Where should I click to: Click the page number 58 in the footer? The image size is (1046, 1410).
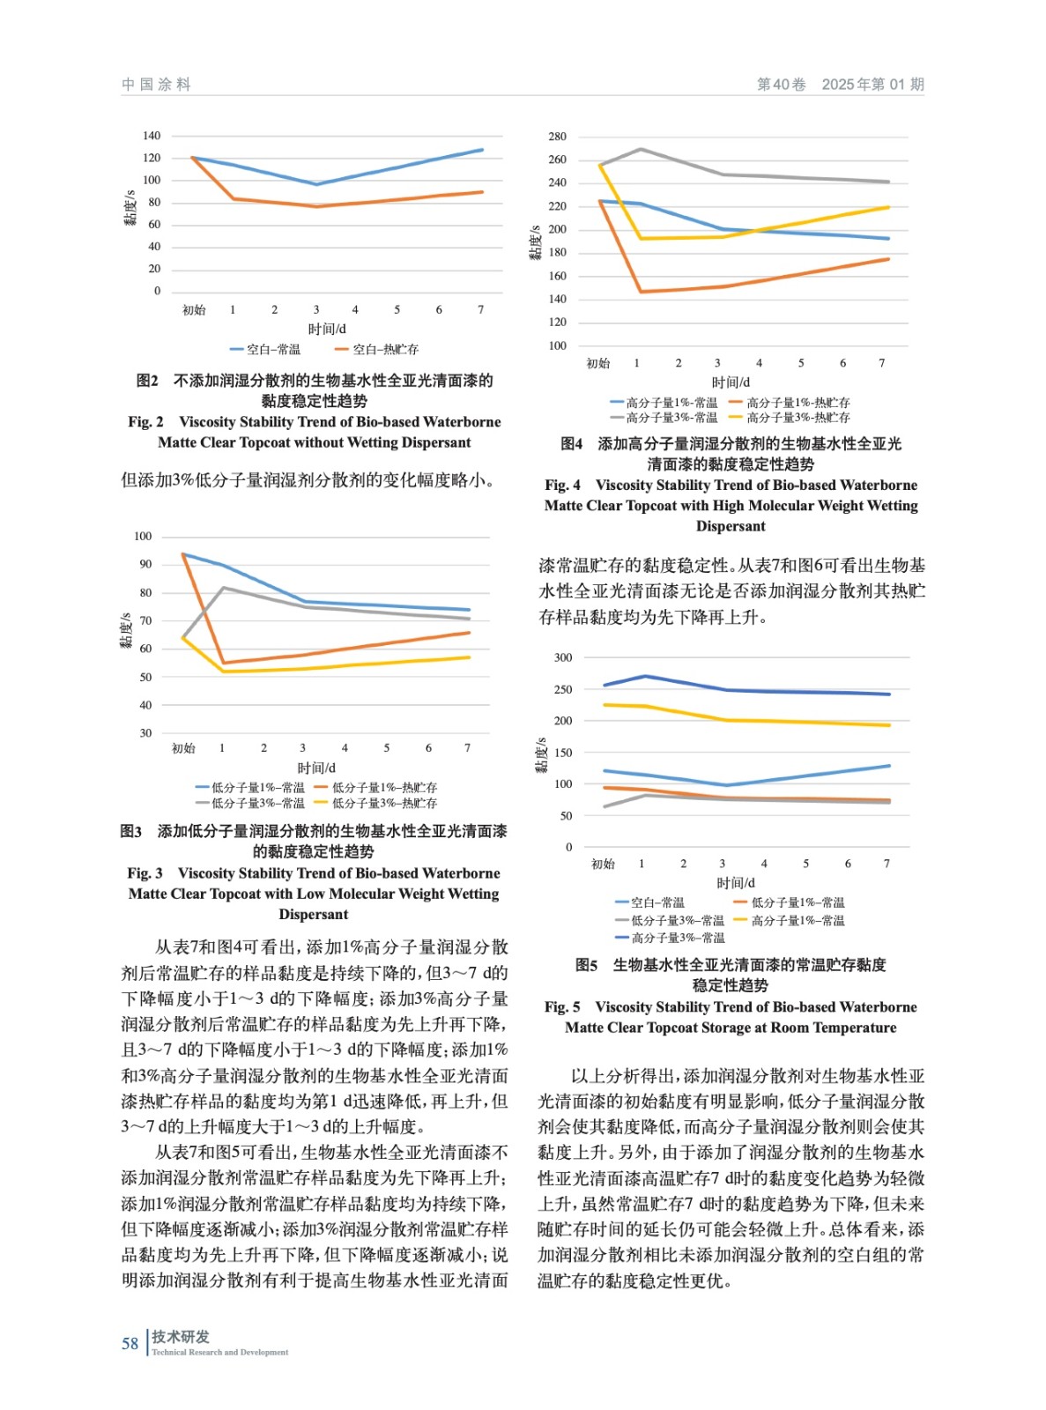[130, 1343]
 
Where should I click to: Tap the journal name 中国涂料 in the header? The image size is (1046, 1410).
[156, 85]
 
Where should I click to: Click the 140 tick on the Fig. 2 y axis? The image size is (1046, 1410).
[152, 136]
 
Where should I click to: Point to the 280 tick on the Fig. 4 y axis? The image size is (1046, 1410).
[557, 137]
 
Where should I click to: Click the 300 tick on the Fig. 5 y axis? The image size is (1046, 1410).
[563, 657]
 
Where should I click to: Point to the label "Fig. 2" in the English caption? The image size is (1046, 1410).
[145, 422]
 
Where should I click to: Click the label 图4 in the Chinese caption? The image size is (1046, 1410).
[572, 444]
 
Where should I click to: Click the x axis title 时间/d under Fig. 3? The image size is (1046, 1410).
[316, 768]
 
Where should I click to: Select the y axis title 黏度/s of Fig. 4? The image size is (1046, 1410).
[534, 242]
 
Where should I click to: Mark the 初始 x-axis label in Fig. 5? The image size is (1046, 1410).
[603, 865]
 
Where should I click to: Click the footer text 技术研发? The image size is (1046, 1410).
[181, 1337]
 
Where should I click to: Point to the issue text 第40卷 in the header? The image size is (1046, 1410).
[781, 85]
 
